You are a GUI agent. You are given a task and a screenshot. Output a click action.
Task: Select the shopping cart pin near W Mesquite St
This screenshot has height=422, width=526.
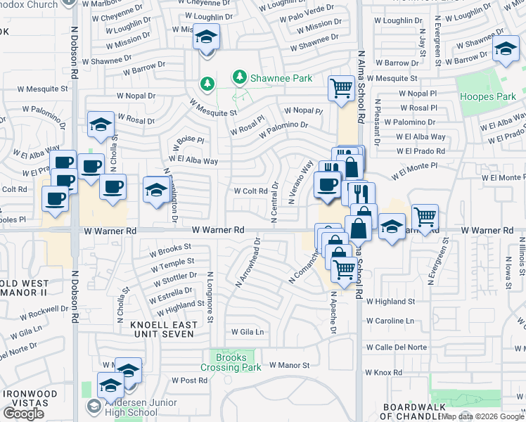(x=341, y=89)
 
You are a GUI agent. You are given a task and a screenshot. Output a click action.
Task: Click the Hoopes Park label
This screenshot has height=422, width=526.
(x=482, y=96)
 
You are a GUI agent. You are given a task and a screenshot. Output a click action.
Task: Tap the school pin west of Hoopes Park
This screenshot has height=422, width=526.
(x=505, y=50)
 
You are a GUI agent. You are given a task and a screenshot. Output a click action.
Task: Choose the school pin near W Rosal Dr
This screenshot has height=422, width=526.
(x=101, y=124)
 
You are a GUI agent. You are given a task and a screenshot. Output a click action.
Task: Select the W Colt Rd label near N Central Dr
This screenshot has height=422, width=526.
(x=250, y=191)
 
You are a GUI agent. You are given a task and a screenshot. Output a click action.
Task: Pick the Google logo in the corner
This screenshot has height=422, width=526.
(x=23, y=413)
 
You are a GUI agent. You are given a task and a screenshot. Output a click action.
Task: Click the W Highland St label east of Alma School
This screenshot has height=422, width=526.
(x=390, y=302)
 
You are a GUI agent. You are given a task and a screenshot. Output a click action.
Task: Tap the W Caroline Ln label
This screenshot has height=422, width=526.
(x=390, y=321)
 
